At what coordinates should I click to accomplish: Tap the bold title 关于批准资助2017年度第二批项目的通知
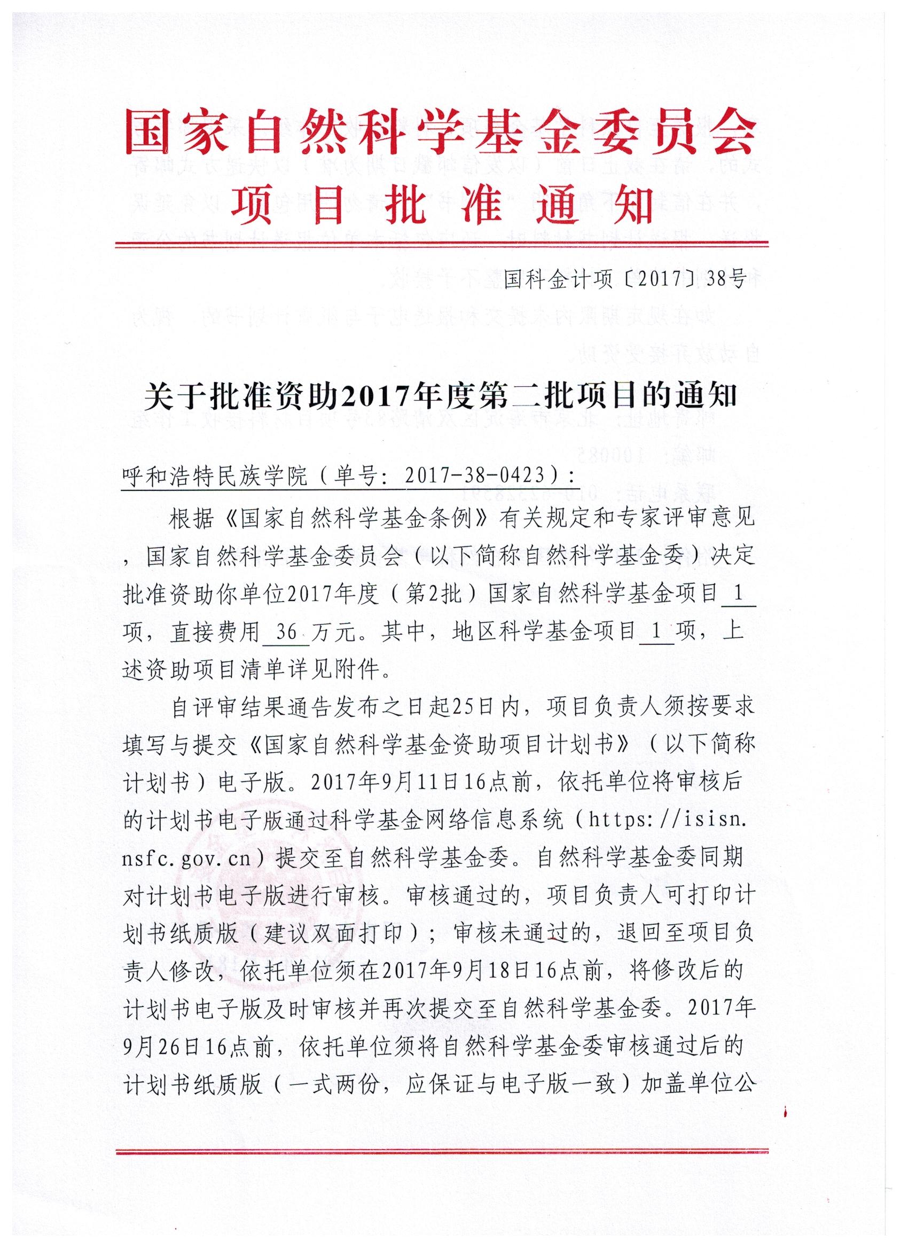(441, 396)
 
